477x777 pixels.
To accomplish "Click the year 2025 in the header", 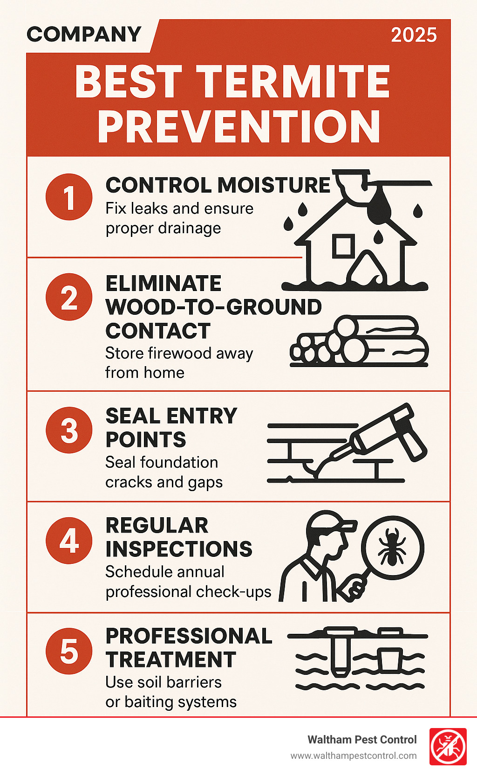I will click(414, 35).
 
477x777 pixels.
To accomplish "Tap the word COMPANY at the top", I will click(84, 34).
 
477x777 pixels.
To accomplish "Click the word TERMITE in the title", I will click(293, 82).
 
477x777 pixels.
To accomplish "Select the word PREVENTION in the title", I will click(239, 126).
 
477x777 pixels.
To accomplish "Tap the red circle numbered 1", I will click(69, 197).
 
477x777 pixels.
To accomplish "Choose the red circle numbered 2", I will click(69, 297).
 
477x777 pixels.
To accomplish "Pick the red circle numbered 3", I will click(69, 430).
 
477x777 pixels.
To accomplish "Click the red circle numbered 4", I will click(69, 541).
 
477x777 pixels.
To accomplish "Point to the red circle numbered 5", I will click(69, 651).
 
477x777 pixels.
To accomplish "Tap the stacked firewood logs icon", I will click(359, 341).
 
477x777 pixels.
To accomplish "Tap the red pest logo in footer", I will click(448, 747).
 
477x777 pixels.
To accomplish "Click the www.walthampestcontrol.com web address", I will click(354, 756).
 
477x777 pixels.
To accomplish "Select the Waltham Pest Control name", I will click(362, 740).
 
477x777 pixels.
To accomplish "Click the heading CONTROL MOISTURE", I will click(218, 185).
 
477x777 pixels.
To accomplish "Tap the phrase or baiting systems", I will click(171, 701).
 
